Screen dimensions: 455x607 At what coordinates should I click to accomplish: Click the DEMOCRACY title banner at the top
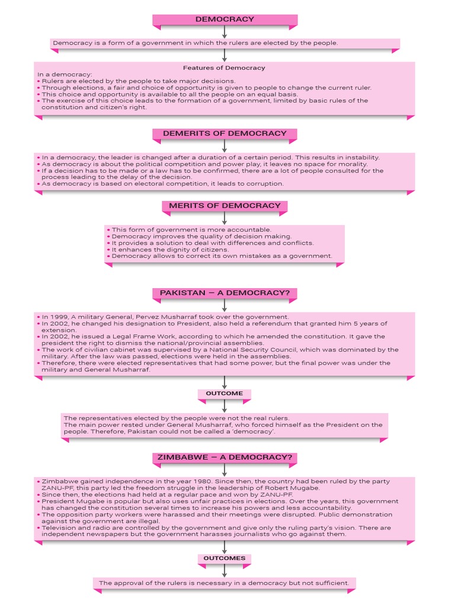click(225, 20)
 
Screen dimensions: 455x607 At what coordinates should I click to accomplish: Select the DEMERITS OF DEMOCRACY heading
click(225, 133)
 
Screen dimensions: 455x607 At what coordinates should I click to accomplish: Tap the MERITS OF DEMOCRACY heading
click(225, 206)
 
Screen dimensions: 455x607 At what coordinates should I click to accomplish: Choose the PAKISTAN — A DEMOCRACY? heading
click(225, 293)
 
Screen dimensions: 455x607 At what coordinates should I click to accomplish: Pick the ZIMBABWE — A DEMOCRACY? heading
click(225, 458)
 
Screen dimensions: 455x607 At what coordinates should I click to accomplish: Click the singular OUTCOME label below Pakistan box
click(224, 394)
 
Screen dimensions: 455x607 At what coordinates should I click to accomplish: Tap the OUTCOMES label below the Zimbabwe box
click(224, 558)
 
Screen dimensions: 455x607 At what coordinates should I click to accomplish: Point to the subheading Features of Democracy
click(224, 68)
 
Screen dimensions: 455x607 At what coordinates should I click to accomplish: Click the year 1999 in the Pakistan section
click(57, 317)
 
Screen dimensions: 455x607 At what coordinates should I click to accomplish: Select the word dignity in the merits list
click(167, 250)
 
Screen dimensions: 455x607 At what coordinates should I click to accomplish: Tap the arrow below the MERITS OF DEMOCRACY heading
click(225, 218)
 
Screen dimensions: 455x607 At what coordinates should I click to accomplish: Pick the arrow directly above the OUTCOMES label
click(225, 547)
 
